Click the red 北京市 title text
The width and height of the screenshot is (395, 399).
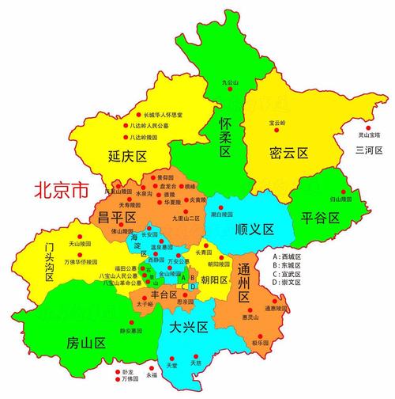pyautogui.click(x=62, y=190)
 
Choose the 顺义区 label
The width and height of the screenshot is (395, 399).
pyautogui.click(x=254, y=230)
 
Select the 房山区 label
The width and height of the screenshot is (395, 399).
pyautogui.click(x=86, y=343)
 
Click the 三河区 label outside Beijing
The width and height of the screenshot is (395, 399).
pyautogui.click(x=368, y=150)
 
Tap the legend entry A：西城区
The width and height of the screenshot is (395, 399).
pyautogui.click(x=286, y=257)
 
